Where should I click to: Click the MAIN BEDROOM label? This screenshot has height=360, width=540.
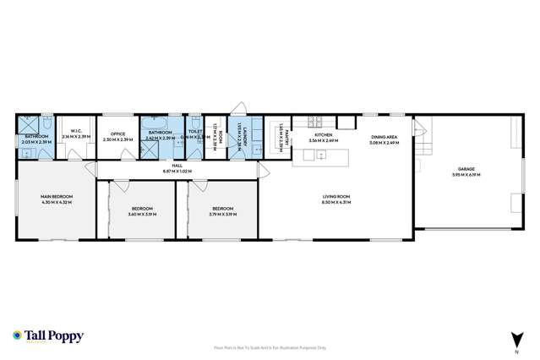(57, 199)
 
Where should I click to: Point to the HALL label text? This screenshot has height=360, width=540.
(177, 166)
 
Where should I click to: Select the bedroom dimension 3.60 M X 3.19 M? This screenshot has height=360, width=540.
(141, 214)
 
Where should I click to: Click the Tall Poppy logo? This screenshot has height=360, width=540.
(49, 336)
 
